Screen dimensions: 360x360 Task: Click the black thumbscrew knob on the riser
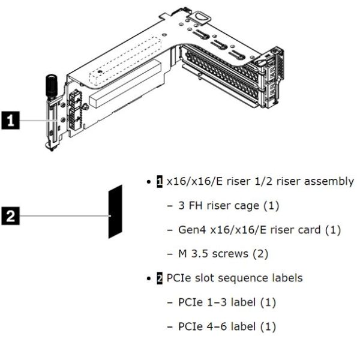point(50,83)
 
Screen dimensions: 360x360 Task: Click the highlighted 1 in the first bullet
point(159,182)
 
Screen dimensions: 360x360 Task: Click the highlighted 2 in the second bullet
point(159,278)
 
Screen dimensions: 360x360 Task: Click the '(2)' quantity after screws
point(260,254)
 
